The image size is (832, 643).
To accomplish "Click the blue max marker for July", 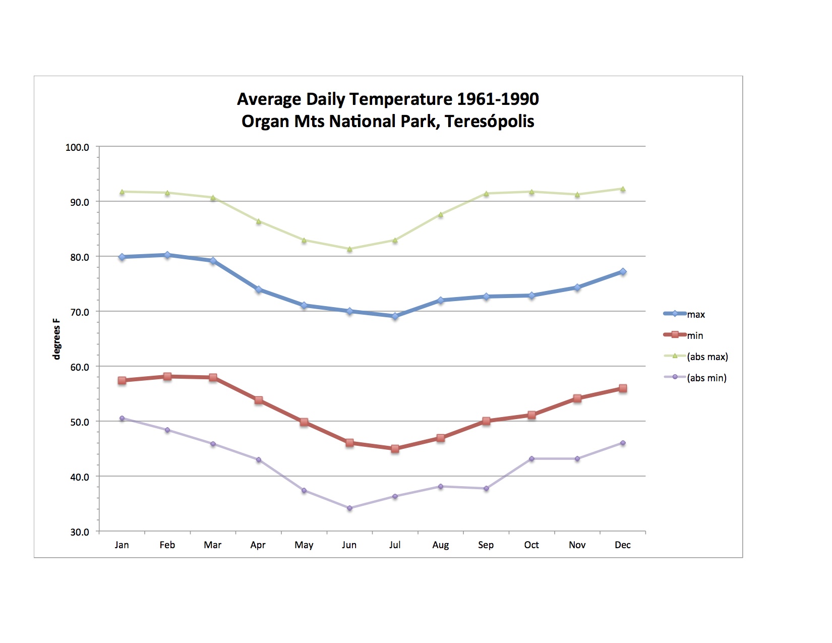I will pyautogui.click(x=395, y=316).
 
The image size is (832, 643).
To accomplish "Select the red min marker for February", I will pyautogui.click(x=167, y=376).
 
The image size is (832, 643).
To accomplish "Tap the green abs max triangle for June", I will pyautogui.click(x=349, y=249).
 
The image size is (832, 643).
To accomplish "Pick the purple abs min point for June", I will pyautogui.click(x=349, y=508).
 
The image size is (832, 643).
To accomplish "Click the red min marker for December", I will pyautogui.click(x=623, y=388).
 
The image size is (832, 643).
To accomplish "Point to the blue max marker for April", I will pyautogui.click(x=259, y=289).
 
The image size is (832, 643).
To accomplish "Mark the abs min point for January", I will pyautogui.click(x=122, y=418).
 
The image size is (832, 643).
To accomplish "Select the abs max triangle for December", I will pyautogui.click(x=623, y=189).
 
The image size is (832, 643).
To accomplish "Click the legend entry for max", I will pyautogui.click(x=695, y=314).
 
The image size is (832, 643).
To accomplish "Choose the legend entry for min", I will pyautogui.click(x=694, y=335).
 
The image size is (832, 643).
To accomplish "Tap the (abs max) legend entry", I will pyautogui.click(x=707, y=357).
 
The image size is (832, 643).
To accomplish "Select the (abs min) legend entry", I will pyautogui.click(x=706, y=378).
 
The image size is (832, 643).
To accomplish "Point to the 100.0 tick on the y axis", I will pyautogui.click(x=77, y=147).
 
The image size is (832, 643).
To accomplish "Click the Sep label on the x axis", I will pyautogui.click(x=486, y=545).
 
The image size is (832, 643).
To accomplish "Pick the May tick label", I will pyautogui.click(x=304, y=545).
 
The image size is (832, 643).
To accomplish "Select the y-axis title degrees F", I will pyautogui.click(x=56, y=339).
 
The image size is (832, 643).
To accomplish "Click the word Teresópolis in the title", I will pyautogui.click(x=489, y=122).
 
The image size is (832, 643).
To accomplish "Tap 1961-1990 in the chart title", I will pyautogui.click(x=498, y=99).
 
